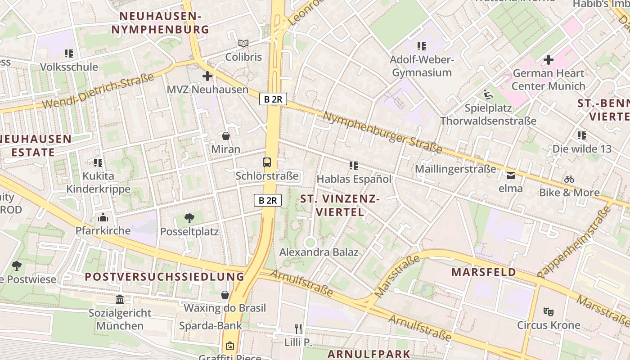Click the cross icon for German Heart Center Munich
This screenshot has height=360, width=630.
pyautogui.click(x=548, y=59)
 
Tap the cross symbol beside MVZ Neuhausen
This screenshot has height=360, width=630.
pyautogui.click(x=207, y=76)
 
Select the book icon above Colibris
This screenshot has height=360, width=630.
pyautogui.click(x=243, y=43)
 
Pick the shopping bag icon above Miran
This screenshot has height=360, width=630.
pyautogui.click(x=225, y=135)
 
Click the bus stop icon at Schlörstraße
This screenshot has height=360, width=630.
pyautogui.click(x=267, y=162)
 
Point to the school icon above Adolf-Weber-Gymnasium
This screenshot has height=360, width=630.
pyautogui.click(x=421, y=46)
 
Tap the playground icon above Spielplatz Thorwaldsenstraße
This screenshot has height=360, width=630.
pyautogui.click(x=488, y=94)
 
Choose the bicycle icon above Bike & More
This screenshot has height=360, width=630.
pyautogui.click(x=569, y=179)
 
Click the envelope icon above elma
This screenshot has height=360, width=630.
pyautogui.click(x=511, y=175)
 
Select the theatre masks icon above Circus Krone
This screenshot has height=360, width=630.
pyautogui.click(x=548, y=311)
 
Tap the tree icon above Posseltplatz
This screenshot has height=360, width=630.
pyautogui.click(x=189, y=218)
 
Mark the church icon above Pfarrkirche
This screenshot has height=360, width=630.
pyautogui.click(x=103, y=218)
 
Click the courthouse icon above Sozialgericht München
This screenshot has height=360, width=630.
pyautogui.click(x=120, y=299)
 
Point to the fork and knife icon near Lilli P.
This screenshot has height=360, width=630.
pyautogui.click(x=298, y=329)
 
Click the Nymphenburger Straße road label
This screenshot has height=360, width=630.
pyautogui.click(x=382, y=132)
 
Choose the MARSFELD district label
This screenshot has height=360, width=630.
pyautogui.click(x=484, y=272)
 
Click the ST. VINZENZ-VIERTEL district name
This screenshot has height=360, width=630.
pyautogui.click(x=340, y=205)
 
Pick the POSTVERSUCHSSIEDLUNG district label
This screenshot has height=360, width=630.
pyautogui.click(x=165, y=277)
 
